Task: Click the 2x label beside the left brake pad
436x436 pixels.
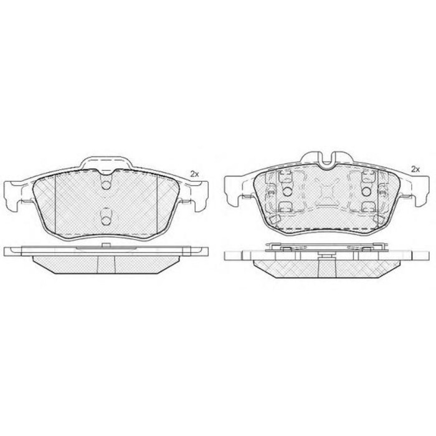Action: click(194, 174)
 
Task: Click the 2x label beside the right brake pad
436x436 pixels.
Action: click(415, 169)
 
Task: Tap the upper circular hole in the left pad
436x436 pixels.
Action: click(106, 185)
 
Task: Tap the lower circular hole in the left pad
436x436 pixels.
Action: click(106, 220)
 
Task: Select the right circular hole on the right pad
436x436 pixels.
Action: click(367, 191)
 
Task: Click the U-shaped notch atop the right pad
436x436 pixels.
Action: click(327, 161)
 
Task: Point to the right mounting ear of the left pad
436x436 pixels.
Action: click(199, 196)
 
